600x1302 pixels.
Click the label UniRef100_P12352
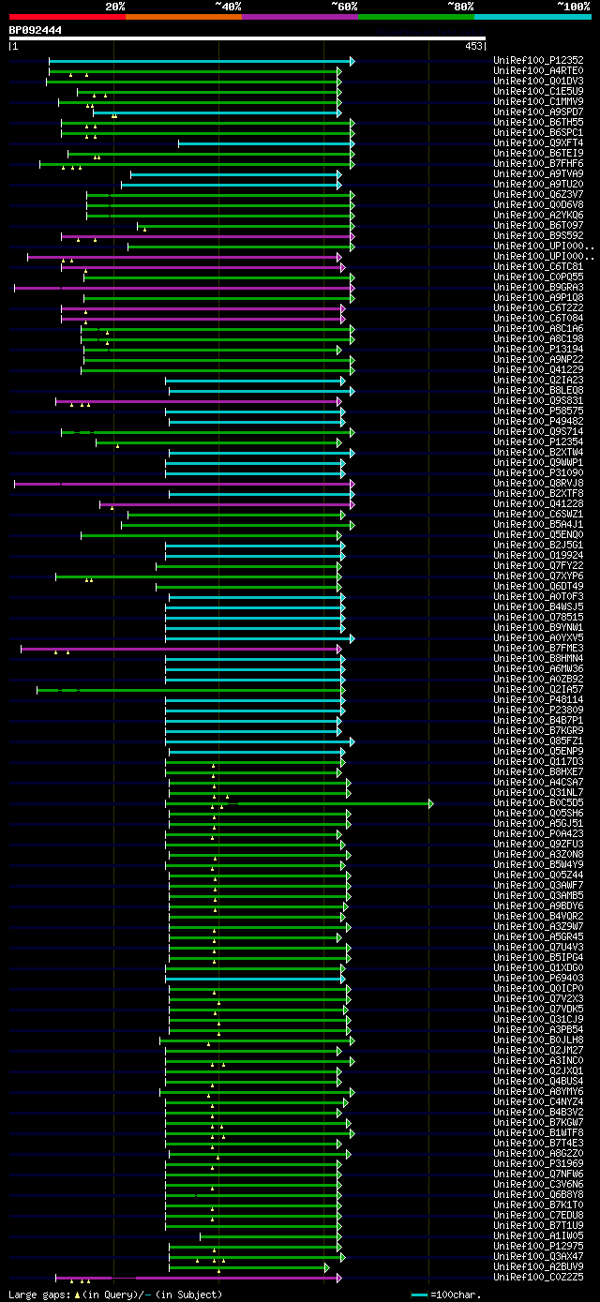538,61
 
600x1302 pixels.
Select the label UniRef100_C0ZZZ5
538,1277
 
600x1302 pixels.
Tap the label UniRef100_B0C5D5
538,803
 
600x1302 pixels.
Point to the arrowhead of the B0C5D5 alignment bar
430,803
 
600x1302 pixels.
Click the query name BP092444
36,30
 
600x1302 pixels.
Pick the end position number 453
473,45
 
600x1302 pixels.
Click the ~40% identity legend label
228,6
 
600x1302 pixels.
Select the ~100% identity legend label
573,6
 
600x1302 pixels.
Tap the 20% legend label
115,6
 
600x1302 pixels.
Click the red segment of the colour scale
67,16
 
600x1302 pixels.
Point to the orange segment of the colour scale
183,16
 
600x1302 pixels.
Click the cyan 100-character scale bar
419,1295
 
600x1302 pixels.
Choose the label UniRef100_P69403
538,978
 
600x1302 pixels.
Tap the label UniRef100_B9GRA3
538,288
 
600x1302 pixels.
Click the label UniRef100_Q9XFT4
538,143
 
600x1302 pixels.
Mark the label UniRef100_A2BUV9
538,1266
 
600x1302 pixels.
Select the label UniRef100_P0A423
538,833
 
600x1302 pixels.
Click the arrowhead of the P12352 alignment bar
352,61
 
